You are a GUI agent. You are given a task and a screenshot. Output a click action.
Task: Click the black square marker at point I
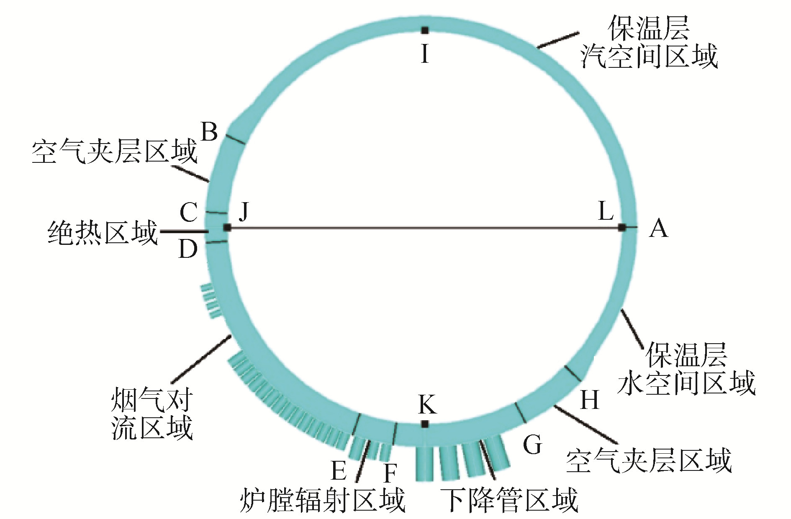(425, 30)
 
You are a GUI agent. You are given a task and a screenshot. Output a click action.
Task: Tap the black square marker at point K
(425, 424)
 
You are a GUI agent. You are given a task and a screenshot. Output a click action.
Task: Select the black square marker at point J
(227, 228)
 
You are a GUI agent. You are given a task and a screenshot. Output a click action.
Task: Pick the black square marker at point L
(622, 227)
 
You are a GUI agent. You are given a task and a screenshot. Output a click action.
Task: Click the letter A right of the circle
(658, 229)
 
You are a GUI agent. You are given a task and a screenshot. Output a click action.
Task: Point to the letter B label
(209, 131)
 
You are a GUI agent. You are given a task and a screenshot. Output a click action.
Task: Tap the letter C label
(188, 212)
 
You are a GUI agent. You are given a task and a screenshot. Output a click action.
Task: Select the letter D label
(188, 249)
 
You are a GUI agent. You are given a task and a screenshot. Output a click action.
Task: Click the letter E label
(339, 470)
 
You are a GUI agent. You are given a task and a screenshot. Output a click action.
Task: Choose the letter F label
(390, 473)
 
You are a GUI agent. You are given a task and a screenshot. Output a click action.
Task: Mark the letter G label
(532, 444)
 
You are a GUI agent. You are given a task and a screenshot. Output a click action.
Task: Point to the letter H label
(590, 400)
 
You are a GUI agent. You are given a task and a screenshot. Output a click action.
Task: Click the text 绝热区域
(103, 233)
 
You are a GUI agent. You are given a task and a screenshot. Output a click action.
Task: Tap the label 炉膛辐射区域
(323, 500)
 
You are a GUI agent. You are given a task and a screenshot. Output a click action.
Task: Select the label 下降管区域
(510, 500)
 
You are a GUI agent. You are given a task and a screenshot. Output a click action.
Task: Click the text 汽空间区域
(649, 56)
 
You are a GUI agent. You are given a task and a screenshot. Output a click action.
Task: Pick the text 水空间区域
(686, 383)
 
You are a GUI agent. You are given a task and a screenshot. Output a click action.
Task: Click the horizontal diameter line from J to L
(425, 228)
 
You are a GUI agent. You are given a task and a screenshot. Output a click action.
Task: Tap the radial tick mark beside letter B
(235, 139)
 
